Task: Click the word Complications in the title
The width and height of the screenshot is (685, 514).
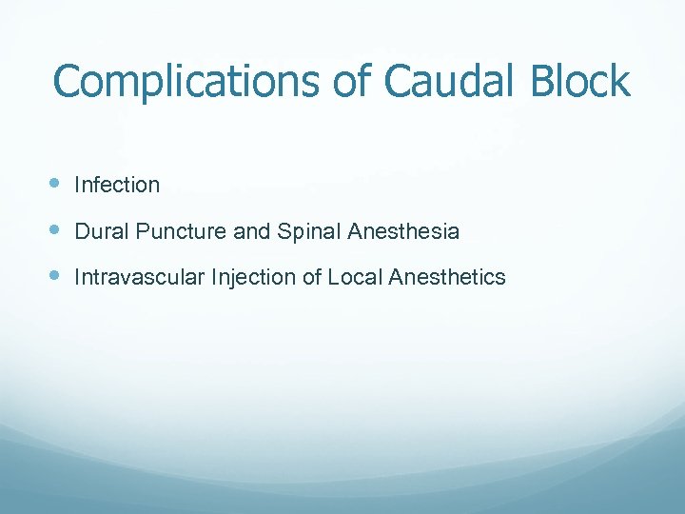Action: pos(186,82)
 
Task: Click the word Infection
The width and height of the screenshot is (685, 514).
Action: pos(117,185)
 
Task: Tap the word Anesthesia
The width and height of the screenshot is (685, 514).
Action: pos(404,231)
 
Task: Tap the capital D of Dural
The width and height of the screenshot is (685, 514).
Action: pos(81,231)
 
